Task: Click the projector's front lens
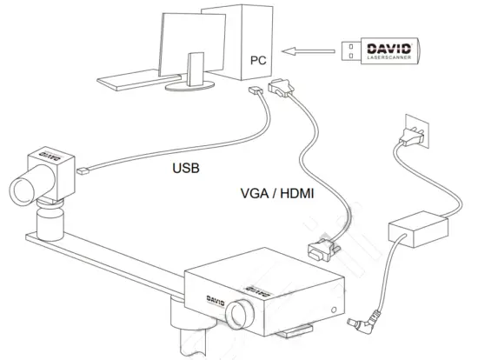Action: (241, 313)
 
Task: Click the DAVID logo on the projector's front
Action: (198, 301)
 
